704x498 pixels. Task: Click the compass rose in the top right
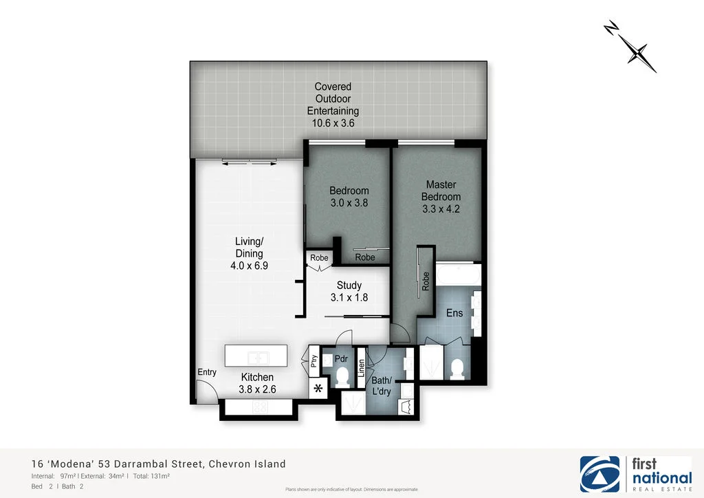click(630, 47)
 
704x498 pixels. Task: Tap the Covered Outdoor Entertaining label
click(333, 105)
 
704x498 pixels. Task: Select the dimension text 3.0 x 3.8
click(349, 203)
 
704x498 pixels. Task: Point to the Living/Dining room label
click(249, 254)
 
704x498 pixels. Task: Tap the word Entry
click(207, 372)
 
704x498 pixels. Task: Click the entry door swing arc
click(203, 392)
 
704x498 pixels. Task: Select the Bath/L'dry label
click(382, 386)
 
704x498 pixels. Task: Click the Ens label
click(454, 313)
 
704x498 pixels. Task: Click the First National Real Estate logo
click(636, 475)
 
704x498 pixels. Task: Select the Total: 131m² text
click(151, 476)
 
